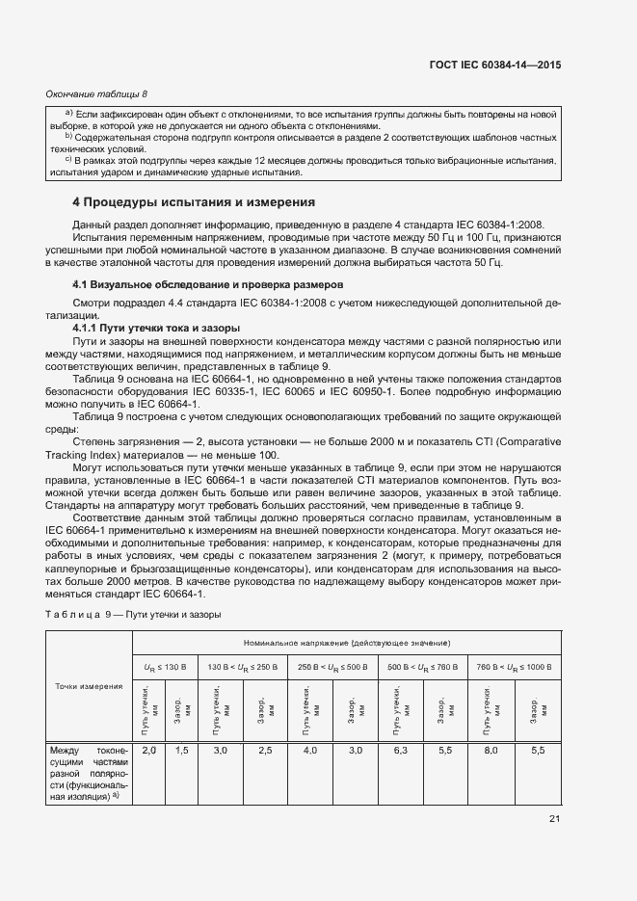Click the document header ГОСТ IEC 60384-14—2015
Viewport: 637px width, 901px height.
[x=495, y=65]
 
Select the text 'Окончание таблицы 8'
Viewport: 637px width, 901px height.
[x=97, y=93]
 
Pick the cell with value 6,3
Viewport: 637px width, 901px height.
[x=399, y=750]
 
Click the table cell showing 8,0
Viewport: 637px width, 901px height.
[x=489, y=750]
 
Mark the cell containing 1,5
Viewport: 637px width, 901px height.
[x=181, y=750]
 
